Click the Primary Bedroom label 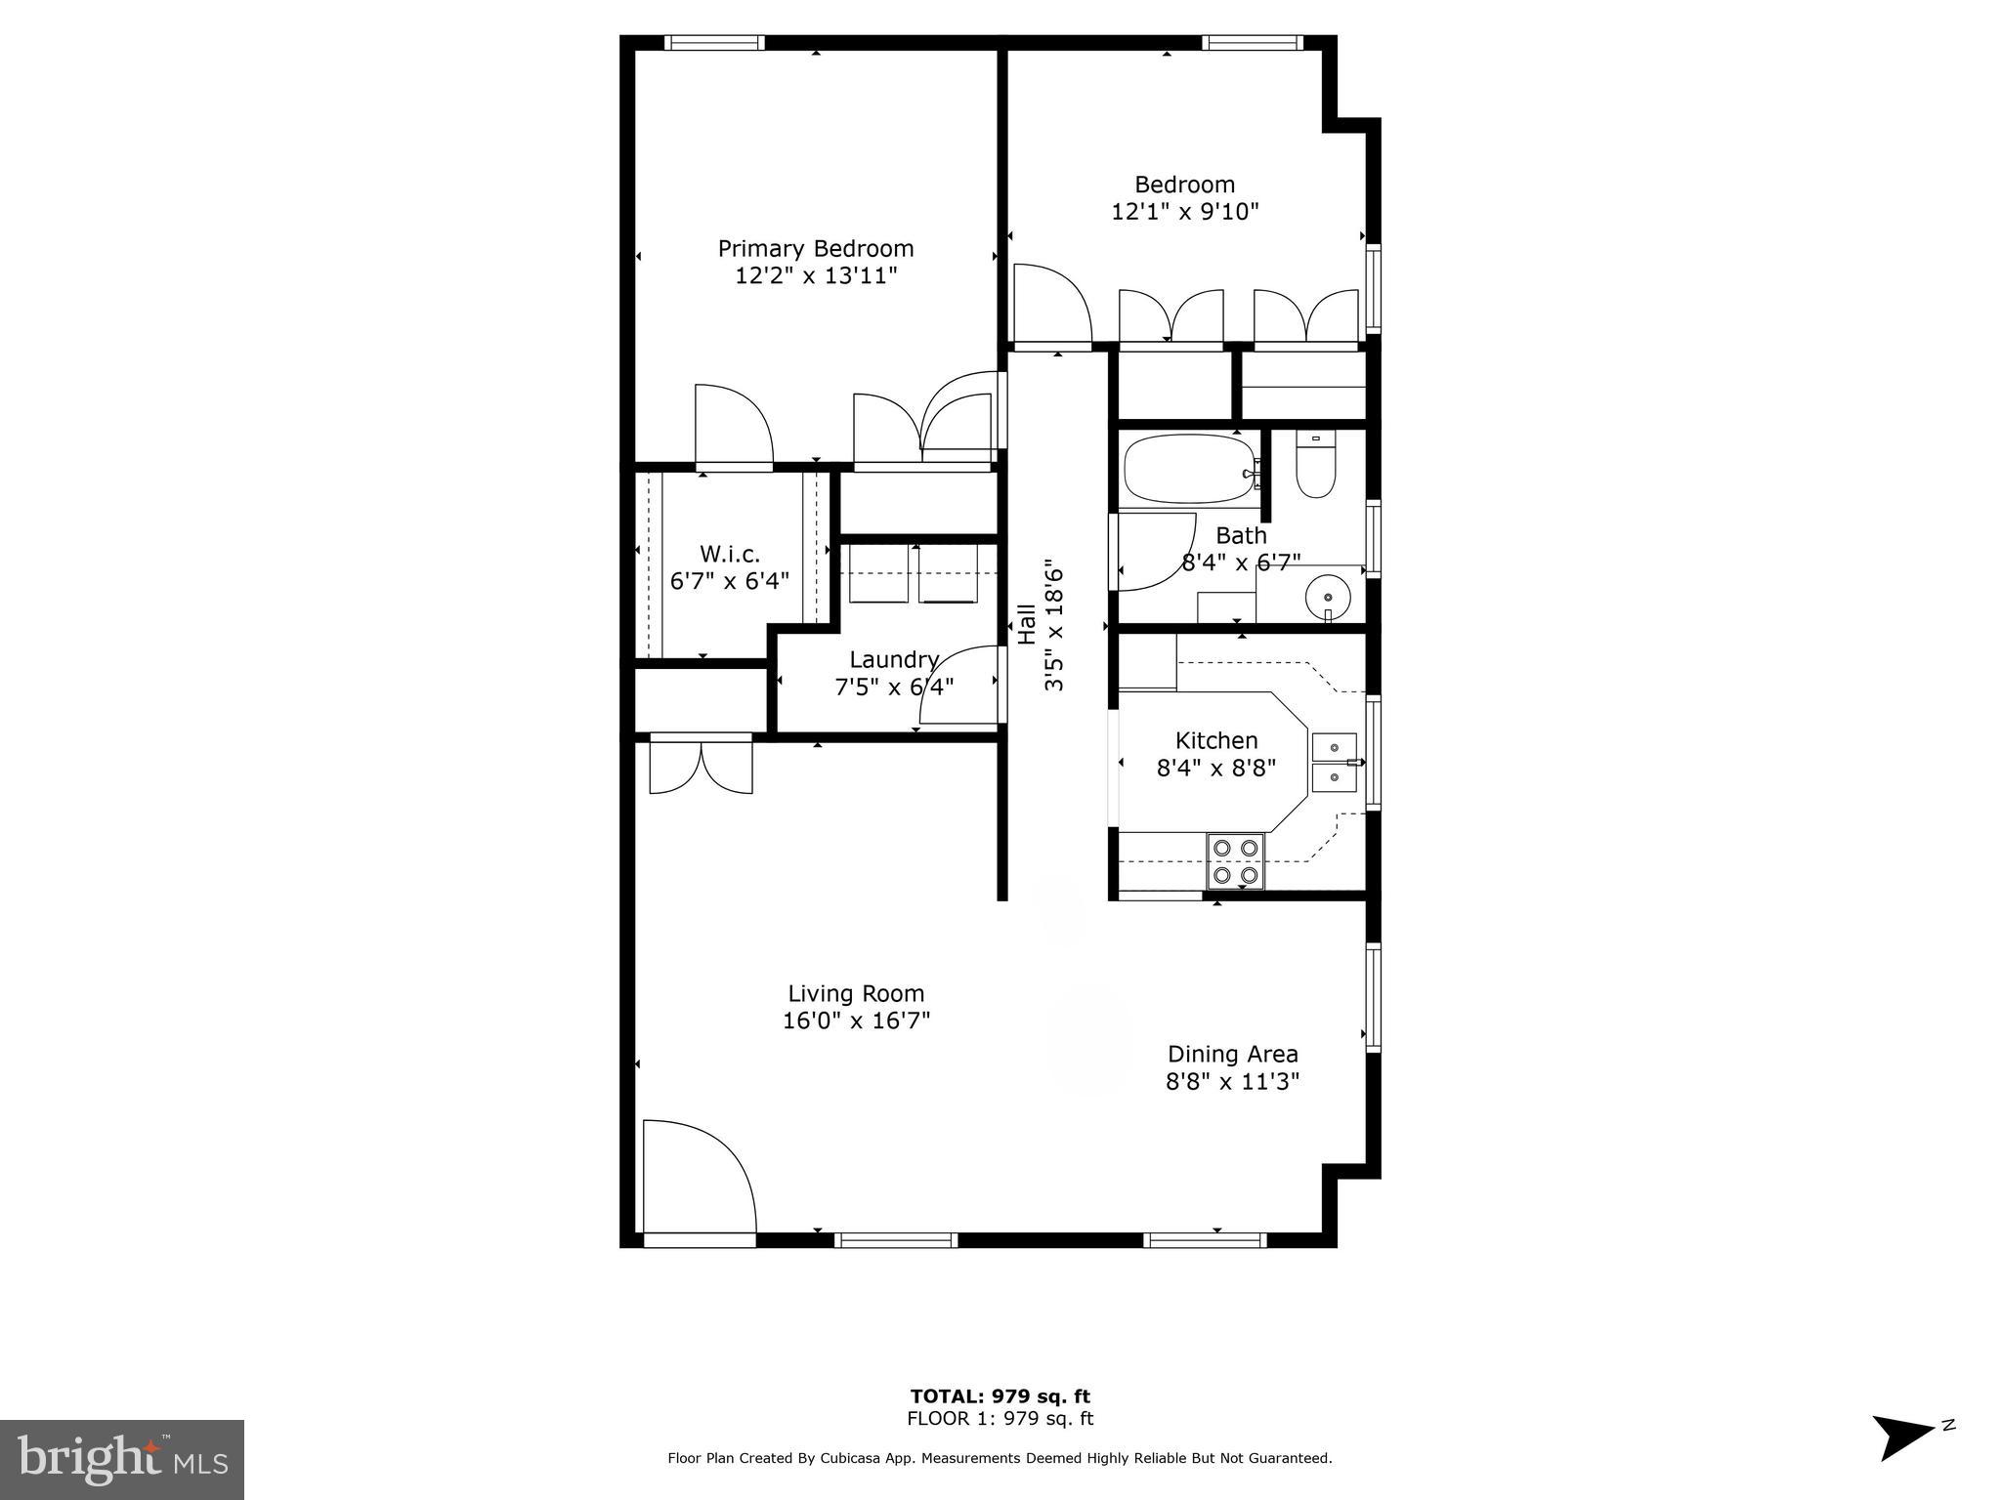[x=816, y=249]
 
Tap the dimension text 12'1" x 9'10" [x=1184, y=212]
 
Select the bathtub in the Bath [x=1189, y=470]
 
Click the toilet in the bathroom [x=1315, y=469]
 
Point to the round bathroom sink [x=1328, y=595]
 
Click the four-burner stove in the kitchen [x=1235, y=861]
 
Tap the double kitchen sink [x=1334, y=763]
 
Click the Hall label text [x=1027, y=625]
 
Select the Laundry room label [x=893, y=660]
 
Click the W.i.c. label [x=729, y=555]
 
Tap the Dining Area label [x=1232, y=1055]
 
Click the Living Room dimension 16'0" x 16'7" [x=856, y=1021]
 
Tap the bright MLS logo [x=121, y=1460]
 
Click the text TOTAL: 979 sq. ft [x=1000, y=1396]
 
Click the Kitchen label [x=1215, y=741]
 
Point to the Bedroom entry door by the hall [x=1051, y=305]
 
